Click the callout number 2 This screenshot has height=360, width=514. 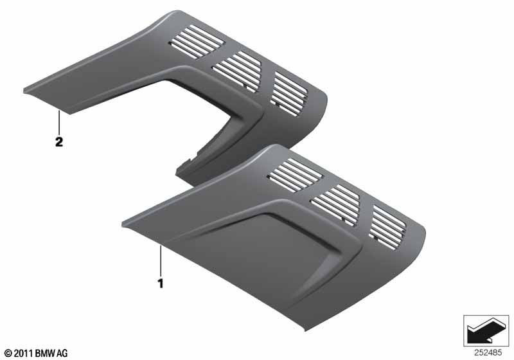pos(59,142)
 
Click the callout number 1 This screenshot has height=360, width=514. pos(161,283)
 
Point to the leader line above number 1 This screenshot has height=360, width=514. pos(161,260)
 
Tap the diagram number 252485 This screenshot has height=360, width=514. pos(488,353)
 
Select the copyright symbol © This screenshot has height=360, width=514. pos(8,353)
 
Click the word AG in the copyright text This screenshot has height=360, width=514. pos(62,353)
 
